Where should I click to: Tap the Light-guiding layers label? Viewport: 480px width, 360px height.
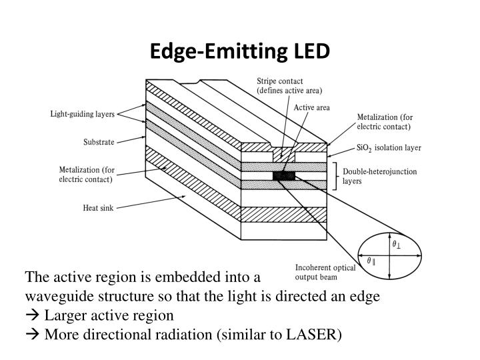coord(83,114)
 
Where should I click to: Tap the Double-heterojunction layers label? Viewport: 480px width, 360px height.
coord(379,176)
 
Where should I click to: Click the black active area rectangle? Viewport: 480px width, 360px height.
coord(283,176)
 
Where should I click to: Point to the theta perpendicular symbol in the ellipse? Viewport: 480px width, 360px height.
coord(397,245)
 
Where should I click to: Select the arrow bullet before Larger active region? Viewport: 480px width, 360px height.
coord(33,315)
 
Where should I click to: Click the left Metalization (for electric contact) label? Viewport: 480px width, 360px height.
coord(86,175)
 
